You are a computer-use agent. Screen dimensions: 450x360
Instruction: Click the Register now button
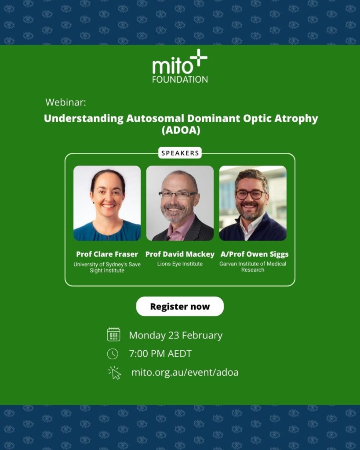[180, 306]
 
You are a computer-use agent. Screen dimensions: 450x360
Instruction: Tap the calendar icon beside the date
[113, 334]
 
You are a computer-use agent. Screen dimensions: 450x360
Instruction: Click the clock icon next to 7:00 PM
[113, 354]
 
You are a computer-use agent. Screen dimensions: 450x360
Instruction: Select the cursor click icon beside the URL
[114, 373]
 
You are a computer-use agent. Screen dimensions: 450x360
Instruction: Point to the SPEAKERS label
[180, 153]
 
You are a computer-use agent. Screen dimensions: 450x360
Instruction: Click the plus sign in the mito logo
[198, 59]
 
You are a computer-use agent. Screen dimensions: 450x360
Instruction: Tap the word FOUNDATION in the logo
[180, 80]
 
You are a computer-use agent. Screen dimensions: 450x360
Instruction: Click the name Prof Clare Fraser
[107, 254]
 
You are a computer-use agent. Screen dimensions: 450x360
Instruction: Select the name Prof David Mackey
[180, 254]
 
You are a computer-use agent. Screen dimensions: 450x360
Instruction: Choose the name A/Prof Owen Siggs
[253, 254]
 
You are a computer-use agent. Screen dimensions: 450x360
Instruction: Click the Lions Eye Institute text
[180, 264]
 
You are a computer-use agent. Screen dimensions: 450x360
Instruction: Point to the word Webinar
[65, 102]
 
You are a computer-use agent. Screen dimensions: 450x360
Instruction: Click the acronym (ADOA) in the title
[180, 130]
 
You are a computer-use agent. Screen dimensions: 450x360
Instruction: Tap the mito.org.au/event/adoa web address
[185, 373]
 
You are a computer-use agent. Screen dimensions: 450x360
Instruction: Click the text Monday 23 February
[176, 335]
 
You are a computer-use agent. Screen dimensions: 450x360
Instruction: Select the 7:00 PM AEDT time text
[160, 354]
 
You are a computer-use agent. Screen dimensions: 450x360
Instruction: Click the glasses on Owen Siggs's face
[251, 194]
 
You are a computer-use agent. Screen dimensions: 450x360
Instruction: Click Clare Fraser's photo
[107, 203]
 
